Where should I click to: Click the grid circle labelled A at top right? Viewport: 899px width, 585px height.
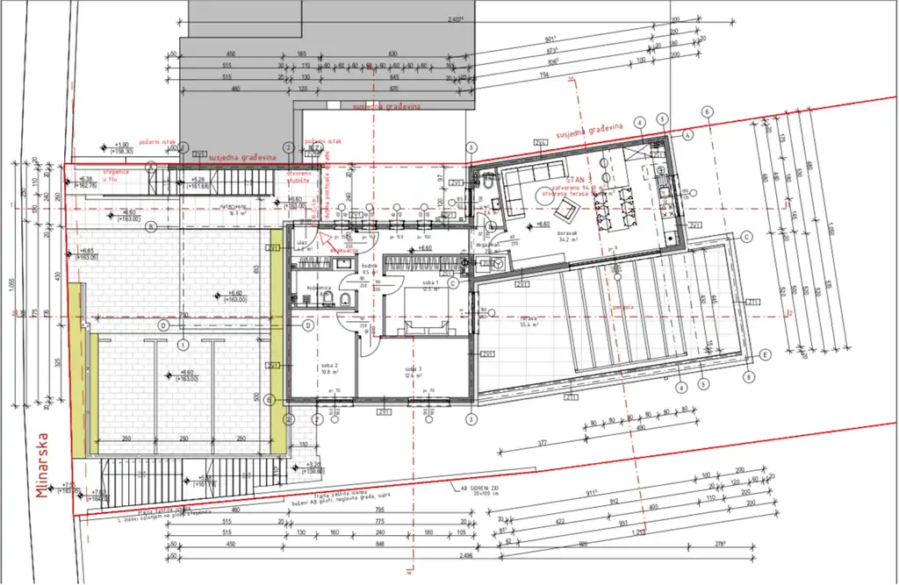pyautogui.click(x=688, y=135)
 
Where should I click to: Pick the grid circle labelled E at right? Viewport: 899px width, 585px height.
pyautogui.click(x=765, y=354)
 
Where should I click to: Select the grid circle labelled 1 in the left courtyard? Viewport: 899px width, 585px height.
pyautogui.click(x=183, y=346)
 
